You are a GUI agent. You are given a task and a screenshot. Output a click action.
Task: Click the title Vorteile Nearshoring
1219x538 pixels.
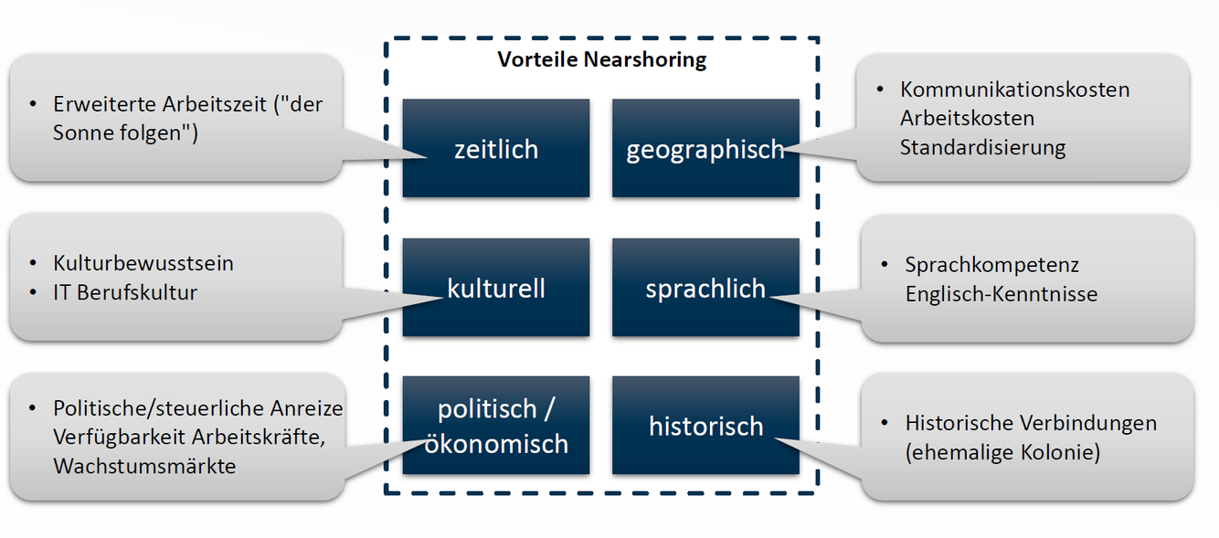pyautogui.click(x=602, y=60)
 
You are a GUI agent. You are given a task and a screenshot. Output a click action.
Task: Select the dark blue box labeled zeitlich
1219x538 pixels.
pyautogui.click(x=496, y=148)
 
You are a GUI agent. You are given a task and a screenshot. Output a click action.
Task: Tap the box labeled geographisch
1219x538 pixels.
pyautogui.click(x=705, y=148)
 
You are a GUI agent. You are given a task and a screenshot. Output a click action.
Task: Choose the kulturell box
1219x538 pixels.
pyautogui.click(x=496, y=288)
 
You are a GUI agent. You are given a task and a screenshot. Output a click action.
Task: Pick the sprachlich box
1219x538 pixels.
pyautogui.click(x=705, y=289)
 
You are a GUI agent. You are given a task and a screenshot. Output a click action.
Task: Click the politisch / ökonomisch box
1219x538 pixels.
pyautogui.click(x=496, y=426)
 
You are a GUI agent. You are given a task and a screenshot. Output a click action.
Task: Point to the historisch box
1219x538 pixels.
pyautogui.click(x=705, y=426)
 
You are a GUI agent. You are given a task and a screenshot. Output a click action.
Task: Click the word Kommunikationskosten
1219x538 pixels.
pyautogui.click(x=1014, y=90)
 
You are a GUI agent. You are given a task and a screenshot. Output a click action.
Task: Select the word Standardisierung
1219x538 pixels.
pyautogui.click(x=982, y=147)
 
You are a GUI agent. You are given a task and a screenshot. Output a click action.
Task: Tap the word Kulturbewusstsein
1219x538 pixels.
pyautogui.click(x=143, y=263)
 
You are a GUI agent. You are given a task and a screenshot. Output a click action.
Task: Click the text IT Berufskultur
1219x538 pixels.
pyautogui.click(x=125, y=292)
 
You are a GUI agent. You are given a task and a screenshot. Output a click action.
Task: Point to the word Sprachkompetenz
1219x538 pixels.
pyautogui.click(x=991, y=265)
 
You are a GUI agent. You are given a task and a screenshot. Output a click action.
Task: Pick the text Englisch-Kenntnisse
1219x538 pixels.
pyautogui.click(x=1001, y=294)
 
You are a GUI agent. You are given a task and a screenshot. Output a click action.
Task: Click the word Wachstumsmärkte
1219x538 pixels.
pyautogui.click(x=144, y=466)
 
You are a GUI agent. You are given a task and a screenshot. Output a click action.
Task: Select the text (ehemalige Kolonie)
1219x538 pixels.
pyautogui.click(x=1002, y=452)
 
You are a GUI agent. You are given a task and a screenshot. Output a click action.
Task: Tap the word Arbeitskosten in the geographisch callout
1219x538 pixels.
pyautogui.click(x=967, y=119)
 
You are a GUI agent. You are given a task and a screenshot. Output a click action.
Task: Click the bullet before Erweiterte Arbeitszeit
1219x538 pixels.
pyautogui.click(x=33, y=104)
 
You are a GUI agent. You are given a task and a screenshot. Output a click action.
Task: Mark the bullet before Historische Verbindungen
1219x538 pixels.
pyautogui.click(x=885, y=423)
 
